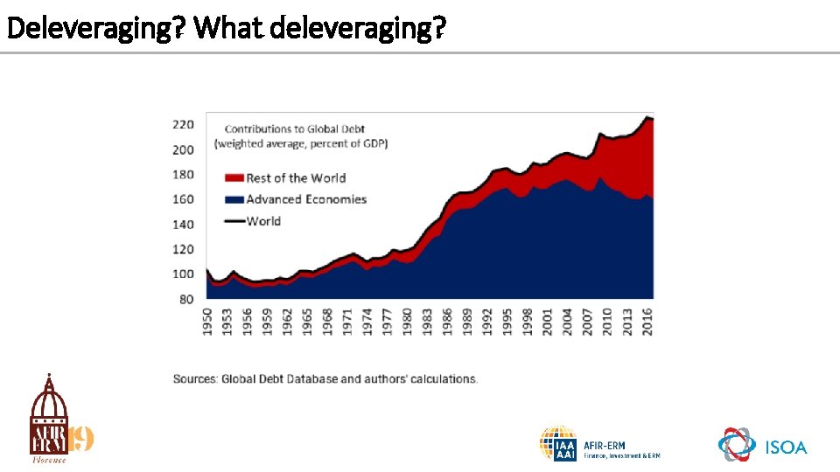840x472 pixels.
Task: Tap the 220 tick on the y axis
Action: [182, 125]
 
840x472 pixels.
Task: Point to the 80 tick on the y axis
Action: [186, 299]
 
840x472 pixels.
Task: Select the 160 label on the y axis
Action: [182, 199]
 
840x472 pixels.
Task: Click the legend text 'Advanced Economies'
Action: [306, 199]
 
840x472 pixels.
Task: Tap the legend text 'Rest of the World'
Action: [296, 177]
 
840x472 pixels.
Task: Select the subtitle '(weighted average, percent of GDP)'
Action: [302, 142]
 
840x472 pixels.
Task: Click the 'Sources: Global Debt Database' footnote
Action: [325, 378]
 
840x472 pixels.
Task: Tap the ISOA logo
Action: [762, 445]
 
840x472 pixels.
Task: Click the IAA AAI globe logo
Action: [557, 444]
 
